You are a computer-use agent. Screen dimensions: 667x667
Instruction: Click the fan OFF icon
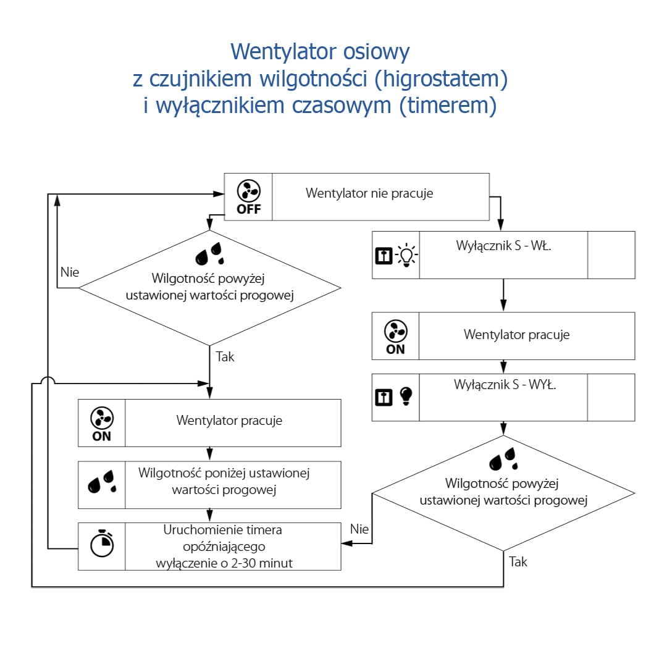[x=249, y=197]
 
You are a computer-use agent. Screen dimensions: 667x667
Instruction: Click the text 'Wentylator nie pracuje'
[x=369, y=193]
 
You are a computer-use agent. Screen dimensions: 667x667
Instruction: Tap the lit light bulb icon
[x=407, y=255]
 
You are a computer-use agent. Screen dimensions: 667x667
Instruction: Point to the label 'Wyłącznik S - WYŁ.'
[x=505, y=385]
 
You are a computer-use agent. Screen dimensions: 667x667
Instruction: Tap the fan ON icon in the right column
[x=395, y=336]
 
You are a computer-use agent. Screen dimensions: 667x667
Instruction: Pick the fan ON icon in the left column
[x=101, y=423]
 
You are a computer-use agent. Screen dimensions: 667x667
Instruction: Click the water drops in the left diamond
[x=210, y=253]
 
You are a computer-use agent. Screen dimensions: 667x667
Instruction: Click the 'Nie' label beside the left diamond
[x=70, y=272]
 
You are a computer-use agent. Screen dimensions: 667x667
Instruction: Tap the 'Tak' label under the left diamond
[x=225, y=357]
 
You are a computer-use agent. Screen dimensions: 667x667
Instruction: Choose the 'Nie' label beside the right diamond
[x=359, y=529]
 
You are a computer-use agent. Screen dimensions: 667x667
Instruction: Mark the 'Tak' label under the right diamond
[x=519, y=562]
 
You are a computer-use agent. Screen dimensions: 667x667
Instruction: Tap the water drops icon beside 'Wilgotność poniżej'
[x=101, y=481]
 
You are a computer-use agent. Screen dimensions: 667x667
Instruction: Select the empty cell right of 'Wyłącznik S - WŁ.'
[x=611, y=255]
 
